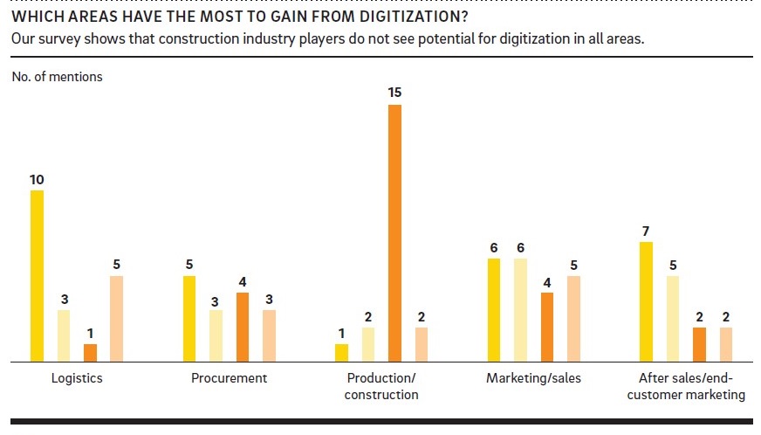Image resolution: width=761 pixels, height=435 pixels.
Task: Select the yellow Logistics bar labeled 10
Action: [37, 275]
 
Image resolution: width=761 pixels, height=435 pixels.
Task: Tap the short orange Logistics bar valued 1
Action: [90, 352]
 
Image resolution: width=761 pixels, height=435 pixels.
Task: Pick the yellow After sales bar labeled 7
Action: [646, 301]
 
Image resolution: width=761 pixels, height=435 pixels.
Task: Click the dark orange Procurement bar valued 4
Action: [243, 327]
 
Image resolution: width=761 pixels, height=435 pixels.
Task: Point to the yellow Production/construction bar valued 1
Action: [341, 352]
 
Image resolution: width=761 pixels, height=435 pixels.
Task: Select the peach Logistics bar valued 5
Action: [116, 318]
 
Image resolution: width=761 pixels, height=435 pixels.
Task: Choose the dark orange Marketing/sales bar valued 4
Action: [547, 327]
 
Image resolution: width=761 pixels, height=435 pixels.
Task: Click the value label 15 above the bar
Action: [394, 92]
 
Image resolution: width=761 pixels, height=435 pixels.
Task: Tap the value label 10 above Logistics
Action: [37, 179]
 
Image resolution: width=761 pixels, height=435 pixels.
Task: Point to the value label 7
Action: [646, 231]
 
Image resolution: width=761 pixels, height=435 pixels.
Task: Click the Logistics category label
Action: [77, 378]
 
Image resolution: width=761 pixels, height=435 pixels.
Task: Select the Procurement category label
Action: [229, 378]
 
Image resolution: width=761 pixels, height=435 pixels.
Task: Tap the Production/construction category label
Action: [381, 386]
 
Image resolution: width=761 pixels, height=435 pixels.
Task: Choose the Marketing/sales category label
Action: [533, 378]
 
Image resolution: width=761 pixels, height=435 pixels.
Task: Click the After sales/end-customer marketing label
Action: [686, 386]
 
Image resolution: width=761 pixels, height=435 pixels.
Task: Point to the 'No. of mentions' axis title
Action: [58, 77]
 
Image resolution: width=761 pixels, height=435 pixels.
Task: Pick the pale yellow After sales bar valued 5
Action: [673, 318]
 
